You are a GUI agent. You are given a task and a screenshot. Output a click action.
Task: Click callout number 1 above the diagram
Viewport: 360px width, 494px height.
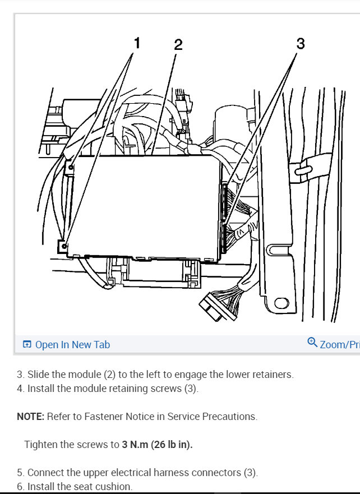click(135, 43)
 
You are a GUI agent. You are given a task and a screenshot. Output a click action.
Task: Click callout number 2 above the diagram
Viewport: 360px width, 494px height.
click(178, 45)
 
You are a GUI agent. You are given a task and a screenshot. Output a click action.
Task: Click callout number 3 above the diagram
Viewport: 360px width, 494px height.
click(300, 43)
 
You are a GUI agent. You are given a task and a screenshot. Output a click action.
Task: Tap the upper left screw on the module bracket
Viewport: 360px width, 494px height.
click(71, 166)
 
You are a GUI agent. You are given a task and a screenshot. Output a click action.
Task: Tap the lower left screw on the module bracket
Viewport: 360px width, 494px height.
click(65, 246)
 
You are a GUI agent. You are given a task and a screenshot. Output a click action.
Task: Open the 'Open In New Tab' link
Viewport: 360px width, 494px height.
click(72, 344)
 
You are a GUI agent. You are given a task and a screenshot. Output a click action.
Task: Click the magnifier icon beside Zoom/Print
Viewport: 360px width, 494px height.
click(312, 343)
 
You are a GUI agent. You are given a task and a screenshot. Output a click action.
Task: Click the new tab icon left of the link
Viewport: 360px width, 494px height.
click(26, 344)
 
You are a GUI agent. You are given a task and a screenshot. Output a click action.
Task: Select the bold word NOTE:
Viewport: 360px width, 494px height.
click(30, 417)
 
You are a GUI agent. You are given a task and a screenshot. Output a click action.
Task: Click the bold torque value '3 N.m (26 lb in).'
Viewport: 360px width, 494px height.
click(157, 445)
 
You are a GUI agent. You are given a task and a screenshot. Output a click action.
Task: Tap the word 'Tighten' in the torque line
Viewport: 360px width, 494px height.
click(42, 445)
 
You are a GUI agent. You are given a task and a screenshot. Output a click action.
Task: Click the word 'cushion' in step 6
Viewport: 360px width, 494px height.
click(116, 486)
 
